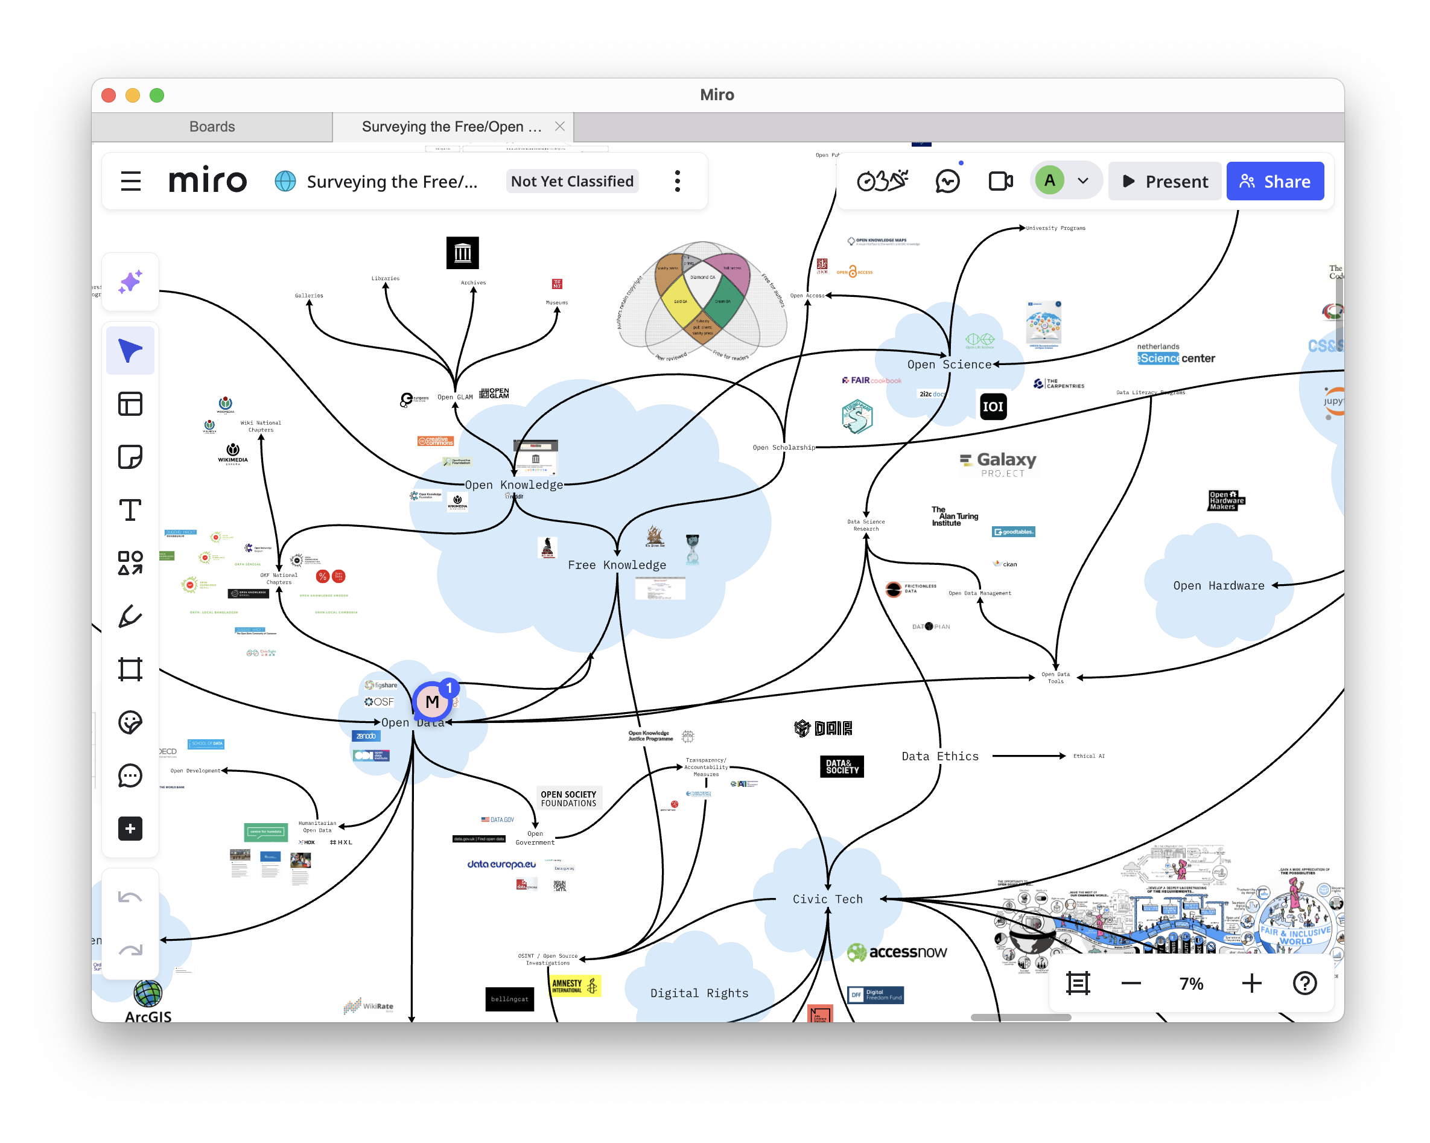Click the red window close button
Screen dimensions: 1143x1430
tap(109, 95)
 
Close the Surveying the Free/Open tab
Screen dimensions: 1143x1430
tap(560, 126)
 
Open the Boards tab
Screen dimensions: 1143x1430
tap(212, 126)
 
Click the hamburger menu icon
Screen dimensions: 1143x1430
tap(131, 181)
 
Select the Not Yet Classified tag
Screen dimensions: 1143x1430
tap(572, 181)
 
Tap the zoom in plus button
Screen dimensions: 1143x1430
tap(1251, 982)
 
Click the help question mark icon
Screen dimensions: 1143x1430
tap(1304, 982)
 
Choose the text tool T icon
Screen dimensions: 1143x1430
tap(130, 510)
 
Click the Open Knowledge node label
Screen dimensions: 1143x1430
tap(513, 485)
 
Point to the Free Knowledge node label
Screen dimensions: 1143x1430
tap(616, 564)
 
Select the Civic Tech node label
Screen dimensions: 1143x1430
tap(827, 899)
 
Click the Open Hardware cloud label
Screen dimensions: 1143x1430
tap(1218, 585)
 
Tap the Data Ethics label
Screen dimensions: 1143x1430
tap(939, 756)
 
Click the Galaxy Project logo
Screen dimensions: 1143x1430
tap(997, 463)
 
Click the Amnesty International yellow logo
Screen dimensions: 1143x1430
tap(575, 985)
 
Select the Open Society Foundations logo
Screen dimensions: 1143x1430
tap(568, 798)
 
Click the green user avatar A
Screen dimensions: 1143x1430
tap(1049, 180)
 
